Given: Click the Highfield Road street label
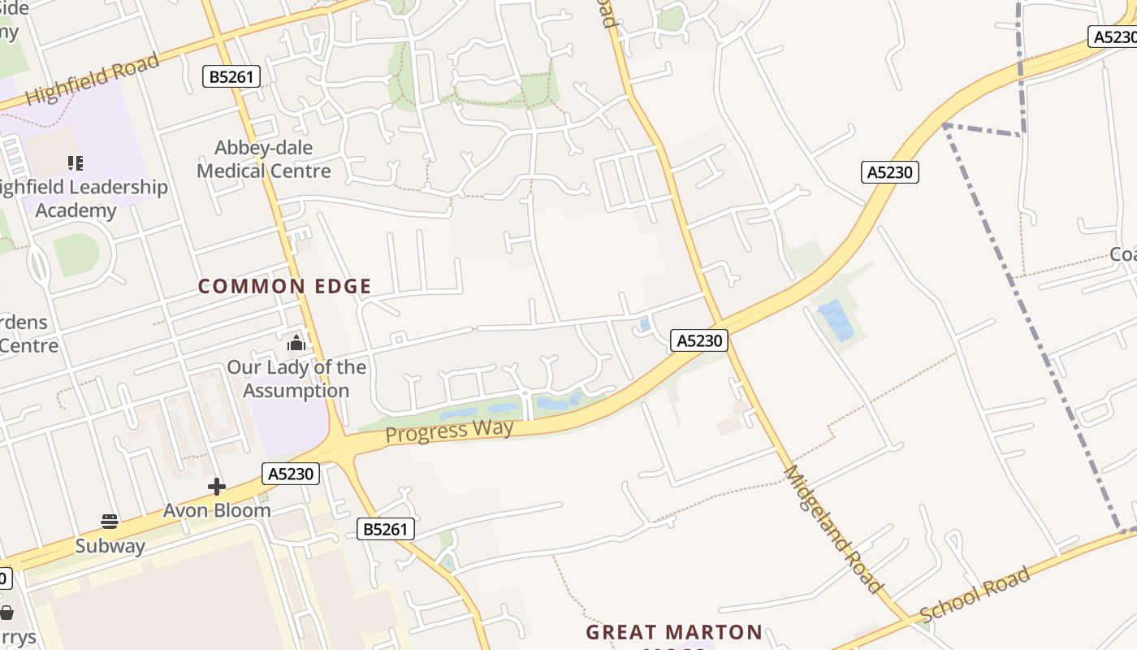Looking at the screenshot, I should pyautogui.click(x=93, y=80).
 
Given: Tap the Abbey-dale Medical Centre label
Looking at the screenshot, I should pyautogui.click(x=264, y=159).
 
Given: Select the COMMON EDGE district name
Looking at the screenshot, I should pyautogui.click(x=285, y=286).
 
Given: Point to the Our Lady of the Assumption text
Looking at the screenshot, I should pyautogui.click(x=296, y=379).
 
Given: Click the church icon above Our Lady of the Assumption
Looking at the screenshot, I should pyautogui.click(x=296, y=342).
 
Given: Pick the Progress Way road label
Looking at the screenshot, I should pyautogui.click(x=449, y=430).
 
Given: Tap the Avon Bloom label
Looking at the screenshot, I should pyautogui.click(x=217, y=510).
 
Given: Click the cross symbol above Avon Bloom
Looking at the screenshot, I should pyautogui.click(x=217, y=487).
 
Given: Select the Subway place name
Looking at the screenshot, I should pyautogui.click(x=110, y=545).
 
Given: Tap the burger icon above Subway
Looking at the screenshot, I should pyautogui.click(x=110, y=521).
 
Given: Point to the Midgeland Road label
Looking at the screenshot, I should pyautogui.click(x=832, y=529).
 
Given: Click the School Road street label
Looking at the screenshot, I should pyautogui.click(x=975, y=595).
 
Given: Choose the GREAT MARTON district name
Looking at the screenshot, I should pyautogui.click(x=674, y=632).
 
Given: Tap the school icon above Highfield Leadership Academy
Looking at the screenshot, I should pyautogui.click(x=76, y=163).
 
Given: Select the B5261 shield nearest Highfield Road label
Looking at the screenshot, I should pyautogui.click(x=231, y=77).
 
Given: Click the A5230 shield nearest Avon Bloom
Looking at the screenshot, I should pyautogui.click(x=291, y=474).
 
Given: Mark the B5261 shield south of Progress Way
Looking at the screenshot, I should pyautogui.click(x=386, y=530).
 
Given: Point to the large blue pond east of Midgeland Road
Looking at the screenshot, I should pyautogui.click(x=836, y=320).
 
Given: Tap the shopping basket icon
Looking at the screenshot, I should pyautogui.click(x=6, y=612).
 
